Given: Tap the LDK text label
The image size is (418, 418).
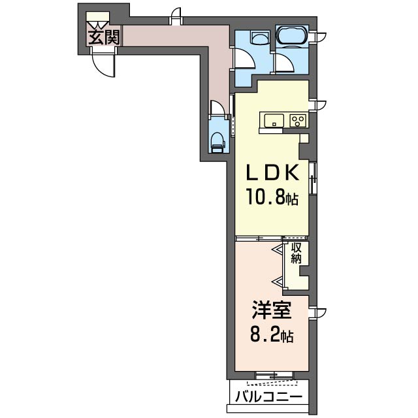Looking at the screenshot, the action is pyautogui.click(x=272, y=172).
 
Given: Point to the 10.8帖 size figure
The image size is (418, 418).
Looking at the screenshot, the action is pyautogui.click(x=272, y=197).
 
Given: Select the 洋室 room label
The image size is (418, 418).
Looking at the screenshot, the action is pyautogui.click(x=272, y=310).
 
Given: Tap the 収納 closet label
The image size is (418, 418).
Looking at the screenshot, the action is pyautogui.click(x=296, y=253).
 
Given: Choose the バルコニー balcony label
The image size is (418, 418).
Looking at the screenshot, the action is pyautogui.click(x=269, y=397).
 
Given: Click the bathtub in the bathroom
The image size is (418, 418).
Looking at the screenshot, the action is pyautogui.click(x=292, y=35).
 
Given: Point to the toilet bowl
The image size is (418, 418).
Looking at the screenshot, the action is pyautogui.click(x=217, y=142).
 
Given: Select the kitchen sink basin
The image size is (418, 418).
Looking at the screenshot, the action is pyautogui.click(x=274, y=120).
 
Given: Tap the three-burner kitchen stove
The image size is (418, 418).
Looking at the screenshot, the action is pyautogui.click(x=298, y=120).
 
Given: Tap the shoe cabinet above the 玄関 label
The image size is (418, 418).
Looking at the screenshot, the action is pyautogui.click(x=97, y=16).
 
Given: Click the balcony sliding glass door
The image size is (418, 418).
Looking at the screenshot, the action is pyautogui.click(x=274, y=376).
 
